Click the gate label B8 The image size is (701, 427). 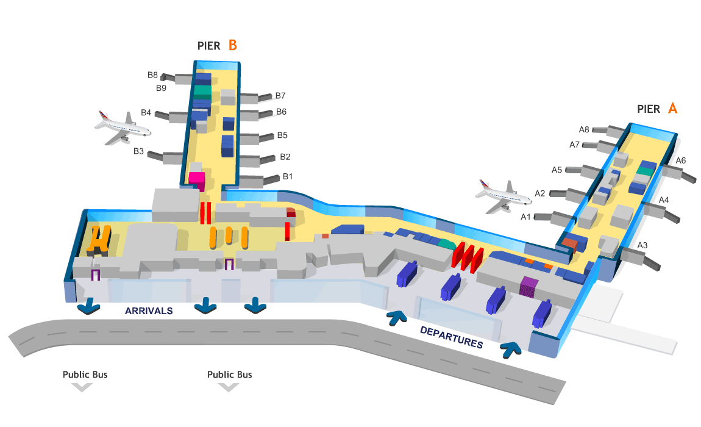click(x=152, y=75)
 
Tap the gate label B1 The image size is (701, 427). click(x=288, y=177)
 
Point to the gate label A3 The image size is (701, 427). click(x=642, y=245)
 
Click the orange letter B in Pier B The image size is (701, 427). click(x=232, y=45)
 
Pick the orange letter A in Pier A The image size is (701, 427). click(x=673, y=109)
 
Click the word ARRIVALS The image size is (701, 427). click(x=149, y=310)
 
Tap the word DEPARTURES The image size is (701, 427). click(x=451, y=337)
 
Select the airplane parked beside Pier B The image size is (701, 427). click(x=122, y=126)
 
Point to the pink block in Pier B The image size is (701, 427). click(x=196, y=178)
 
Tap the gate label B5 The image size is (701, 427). click(x=283, y=135)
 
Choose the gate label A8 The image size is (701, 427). click(x=584, y=129)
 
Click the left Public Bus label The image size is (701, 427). click(x=85, y=374)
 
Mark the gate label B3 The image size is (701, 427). click(x=138, y=151)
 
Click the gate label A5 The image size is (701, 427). click(x=557, y=170)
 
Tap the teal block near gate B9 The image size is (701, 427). click(x=202, y=92)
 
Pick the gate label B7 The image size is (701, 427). click(x=280, y=96)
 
